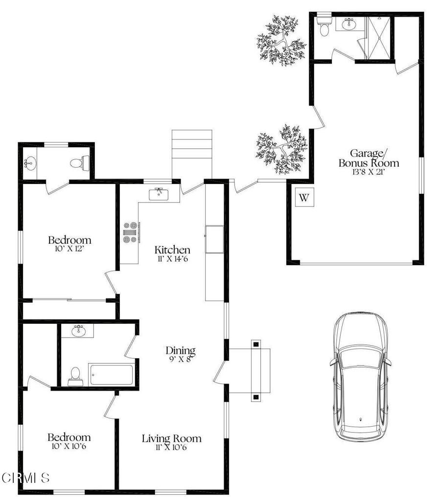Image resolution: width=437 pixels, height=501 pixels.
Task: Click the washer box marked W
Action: pyautogui.click(x=304, y=197)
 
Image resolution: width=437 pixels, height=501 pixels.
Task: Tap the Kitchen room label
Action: pyautogui.click(x=172, y=250)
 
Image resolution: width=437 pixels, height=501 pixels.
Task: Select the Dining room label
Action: pyautogui.click(x=180, y=350)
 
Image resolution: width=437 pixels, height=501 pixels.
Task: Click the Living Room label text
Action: pyautogui.click(x=172, y=438)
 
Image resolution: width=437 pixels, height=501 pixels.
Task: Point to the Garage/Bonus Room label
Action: pyautogui.click(x=369, y=158)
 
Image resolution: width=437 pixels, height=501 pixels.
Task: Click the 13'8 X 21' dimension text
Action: pyautogui.click(x=368, y=172)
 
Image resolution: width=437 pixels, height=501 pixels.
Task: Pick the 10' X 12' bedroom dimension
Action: pyautogui.click(x=69, y=249)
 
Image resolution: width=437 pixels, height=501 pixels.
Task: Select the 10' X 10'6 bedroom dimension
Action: pyautogui.click(x=69, y=446)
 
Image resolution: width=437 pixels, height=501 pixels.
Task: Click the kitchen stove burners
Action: pyautogui.click(x=131, y=232)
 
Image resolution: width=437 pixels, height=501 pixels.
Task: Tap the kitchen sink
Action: pyautogui.click(x=159, y=194)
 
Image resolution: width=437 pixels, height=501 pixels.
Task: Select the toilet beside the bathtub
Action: pyautogui.click(x=75, y=376)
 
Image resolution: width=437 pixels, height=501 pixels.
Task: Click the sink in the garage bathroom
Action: pyautogui.click(x=348, y=24)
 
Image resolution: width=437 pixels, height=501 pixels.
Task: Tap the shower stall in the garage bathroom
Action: pyautogui.click(x=379, y=38)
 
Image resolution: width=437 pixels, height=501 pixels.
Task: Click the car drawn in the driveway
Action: pyautogui.click(x=360, y=377)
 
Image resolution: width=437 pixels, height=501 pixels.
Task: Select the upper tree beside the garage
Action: pyautogui.click(x=281, y=41)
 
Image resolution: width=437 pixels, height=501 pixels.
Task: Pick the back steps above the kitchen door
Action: pyautogui.click(x=192, y=155)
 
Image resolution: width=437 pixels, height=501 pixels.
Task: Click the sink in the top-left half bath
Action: pyautogui.click(x=30, y=163)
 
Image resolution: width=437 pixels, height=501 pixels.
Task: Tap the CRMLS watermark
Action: pyautogui.click(x=25, y=478)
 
